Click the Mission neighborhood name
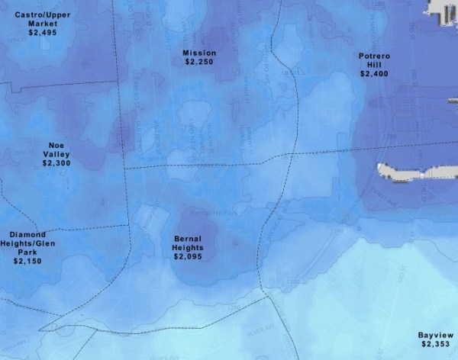[x=200, y=53]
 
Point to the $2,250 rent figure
[x=200, y=62]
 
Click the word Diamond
[x=27, y=234]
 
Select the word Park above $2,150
[x=27, y=252]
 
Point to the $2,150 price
[x=27, y=261]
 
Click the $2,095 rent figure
[x=188, y=257]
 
